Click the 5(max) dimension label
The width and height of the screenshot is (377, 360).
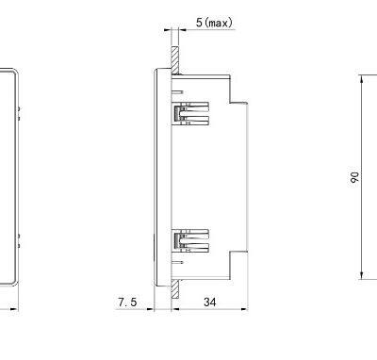213,22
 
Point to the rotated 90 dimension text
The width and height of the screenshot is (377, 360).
353,175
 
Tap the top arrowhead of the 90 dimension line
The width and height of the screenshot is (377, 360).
362,75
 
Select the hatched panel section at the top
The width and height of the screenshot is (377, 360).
175,58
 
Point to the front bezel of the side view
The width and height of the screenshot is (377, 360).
159,176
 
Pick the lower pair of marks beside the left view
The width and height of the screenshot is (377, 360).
21,239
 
